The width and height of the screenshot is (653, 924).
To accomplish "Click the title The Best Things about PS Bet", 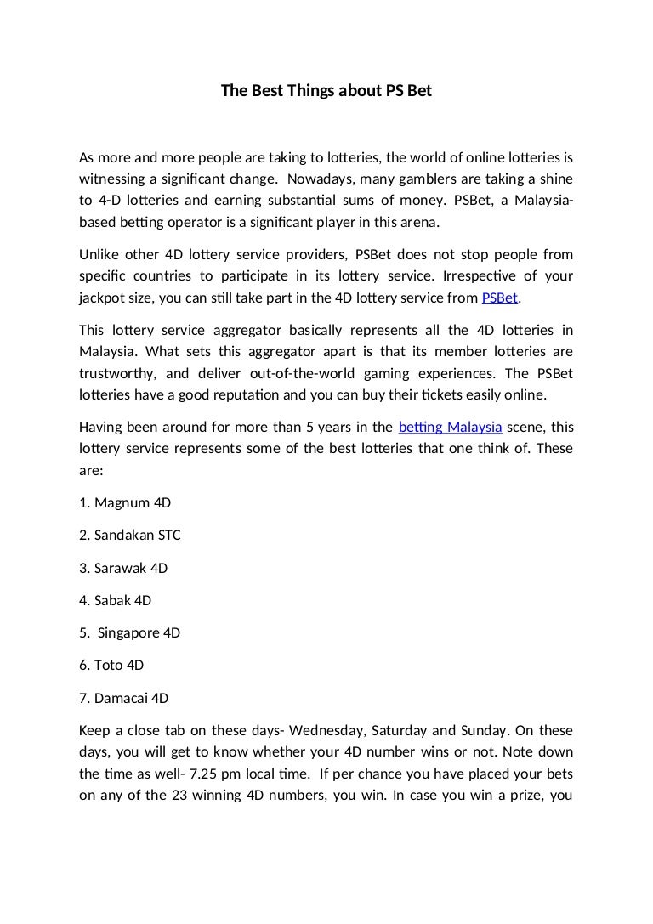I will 326,89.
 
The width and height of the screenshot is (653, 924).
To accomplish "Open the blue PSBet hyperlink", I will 499,298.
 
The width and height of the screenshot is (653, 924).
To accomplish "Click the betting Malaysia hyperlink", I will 450,427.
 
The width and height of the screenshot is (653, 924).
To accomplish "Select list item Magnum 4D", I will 124,502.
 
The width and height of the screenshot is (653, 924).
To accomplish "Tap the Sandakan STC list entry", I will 129,536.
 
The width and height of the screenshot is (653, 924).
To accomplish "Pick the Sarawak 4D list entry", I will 123,568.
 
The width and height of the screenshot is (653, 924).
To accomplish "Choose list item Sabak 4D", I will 115,600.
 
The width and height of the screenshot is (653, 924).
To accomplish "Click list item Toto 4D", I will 111,666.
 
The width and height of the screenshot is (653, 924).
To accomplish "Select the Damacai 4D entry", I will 123,699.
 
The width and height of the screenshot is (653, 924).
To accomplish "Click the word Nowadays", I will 320,179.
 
